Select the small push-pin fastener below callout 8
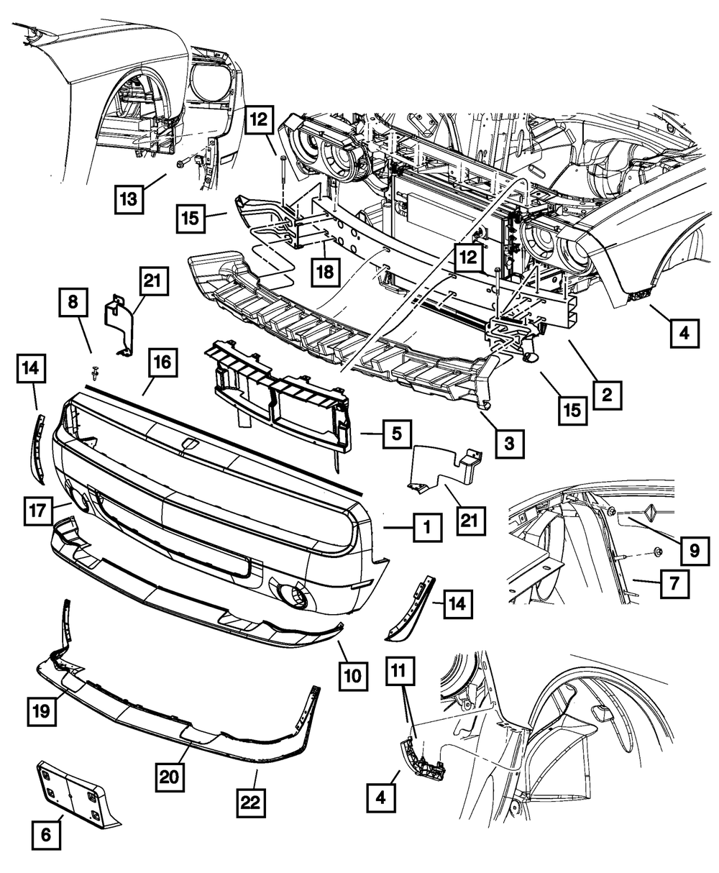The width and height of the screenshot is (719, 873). click(95, 372)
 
